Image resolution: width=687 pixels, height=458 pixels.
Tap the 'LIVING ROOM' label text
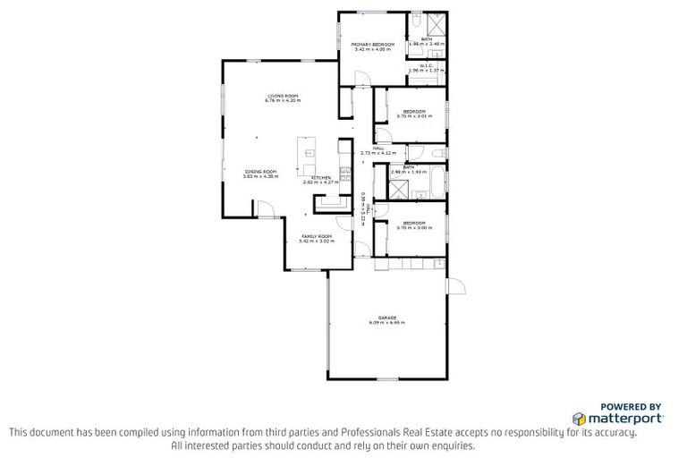pos(282,96)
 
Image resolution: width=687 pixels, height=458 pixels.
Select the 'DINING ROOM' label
pos(261,171)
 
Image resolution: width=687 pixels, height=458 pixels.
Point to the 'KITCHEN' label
pos(322,177)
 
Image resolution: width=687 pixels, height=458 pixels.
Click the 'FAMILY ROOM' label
pos(316,236)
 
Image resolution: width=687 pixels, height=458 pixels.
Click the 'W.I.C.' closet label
pos(426,64)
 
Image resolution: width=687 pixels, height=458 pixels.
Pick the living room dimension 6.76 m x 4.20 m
pos(282,101)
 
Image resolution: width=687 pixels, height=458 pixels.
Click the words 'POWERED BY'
pos(630,406)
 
